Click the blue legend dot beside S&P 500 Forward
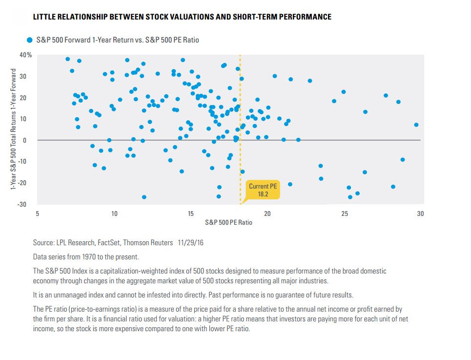tap(29, 40)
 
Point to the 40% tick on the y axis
tap(26, 55)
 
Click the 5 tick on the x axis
tap(38, 214)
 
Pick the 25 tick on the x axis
tap(344, 214)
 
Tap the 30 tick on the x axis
tap(420, 214)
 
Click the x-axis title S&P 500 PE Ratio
tap(229, 222)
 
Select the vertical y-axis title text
tap(14, 129)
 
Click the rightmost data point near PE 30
tap(416, 125)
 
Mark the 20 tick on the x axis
tap(267, 214)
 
